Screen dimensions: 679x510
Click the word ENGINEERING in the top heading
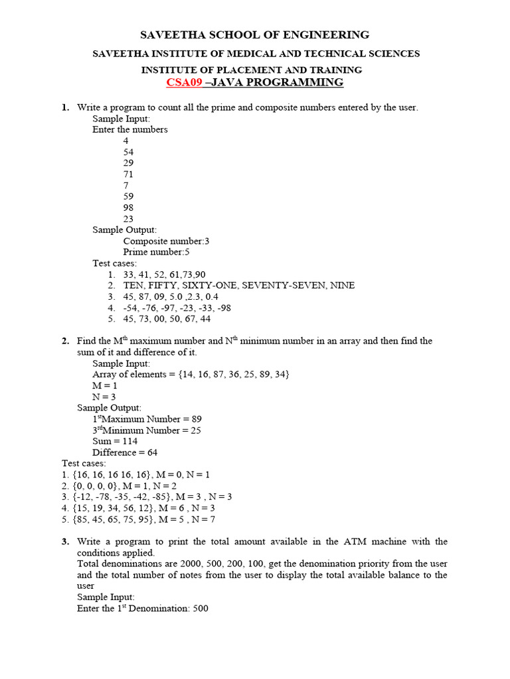tap(328, 34)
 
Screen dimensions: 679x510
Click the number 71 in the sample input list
tap(128, 174)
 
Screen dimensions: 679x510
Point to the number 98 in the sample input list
tap(128, 208)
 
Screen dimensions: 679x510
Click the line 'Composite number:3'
tap(166, 241)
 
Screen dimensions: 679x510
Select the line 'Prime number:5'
tap(157, 253)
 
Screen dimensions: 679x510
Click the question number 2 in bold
tap(65, 341)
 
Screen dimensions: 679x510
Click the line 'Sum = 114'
tap(115, 442)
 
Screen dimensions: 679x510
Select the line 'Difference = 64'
tap(125, 453)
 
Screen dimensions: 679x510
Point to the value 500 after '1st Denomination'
tap(201, 608)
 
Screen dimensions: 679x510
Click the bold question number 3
tap(65, 542)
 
